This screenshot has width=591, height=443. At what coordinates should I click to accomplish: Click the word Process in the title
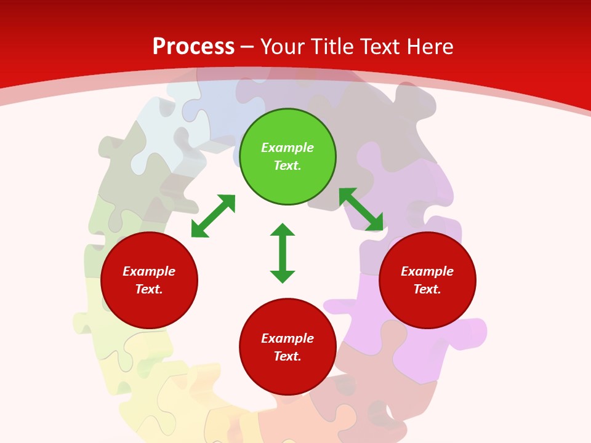(193, 47)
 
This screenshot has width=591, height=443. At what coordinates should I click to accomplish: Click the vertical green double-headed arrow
(283, 253)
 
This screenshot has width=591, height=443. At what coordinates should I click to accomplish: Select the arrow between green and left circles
(213, 216)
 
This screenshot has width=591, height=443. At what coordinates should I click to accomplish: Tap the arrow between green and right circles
(361, 210)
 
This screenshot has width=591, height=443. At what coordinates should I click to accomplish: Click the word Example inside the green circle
(287, 148)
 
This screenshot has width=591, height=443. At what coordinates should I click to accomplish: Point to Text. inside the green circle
(287, 166)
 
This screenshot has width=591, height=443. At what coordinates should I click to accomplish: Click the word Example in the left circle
(149, 271)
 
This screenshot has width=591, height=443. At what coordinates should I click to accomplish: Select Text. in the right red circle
(427, 289)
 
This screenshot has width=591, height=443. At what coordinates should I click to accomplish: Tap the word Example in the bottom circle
(287, 338)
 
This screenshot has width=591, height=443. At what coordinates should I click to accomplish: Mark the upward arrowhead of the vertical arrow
(283, 230)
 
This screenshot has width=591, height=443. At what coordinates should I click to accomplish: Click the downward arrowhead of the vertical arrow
(283, 276)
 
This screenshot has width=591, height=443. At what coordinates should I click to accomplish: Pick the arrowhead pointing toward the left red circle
(199, 230)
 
